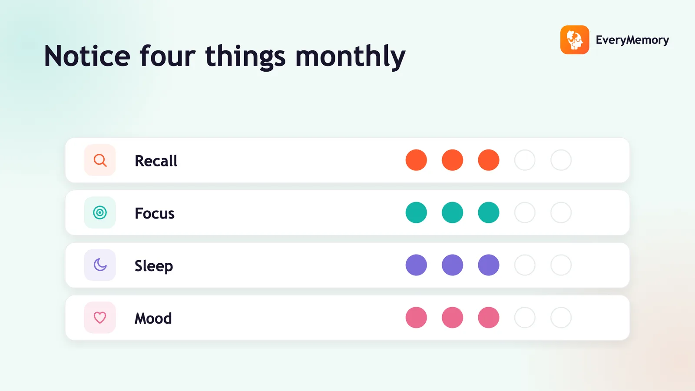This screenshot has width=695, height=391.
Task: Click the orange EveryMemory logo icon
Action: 575,40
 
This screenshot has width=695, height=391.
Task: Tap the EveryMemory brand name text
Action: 632,40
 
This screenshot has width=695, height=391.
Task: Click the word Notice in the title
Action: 87,56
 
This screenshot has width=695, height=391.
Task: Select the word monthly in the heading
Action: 350,57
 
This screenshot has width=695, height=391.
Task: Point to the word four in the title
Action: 168,56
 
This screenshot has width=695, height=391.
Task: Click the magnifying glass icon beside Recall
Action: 100,160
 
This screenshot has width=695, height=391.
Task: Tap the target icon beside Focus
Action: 100,212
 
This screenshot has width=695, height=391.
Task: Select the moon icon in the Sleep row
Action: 100,265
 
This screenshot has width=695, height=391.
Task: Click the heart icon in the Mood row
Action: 100,318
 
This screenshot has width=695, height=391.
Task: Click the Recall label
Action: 156,161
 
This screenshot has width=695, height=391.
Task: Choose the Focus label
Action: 155,213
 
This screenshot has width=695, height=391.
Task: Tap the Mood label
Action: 153,318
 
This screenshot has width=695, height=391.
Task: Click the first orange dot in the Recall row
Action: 416,160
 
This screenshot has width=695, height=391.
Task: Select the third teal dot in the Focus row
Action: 488,212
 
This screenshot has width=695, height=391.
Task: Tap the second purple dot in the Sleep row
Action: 452,265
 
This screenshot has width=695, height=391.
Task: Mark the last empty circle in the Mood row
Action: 561,318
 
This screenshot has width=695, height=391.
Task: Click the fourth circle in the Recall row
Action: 525,160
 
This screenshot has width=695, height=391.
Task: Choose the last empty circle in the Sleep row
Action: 561,265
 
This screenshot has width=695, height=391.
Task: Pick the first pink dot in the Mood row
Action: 416,318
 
